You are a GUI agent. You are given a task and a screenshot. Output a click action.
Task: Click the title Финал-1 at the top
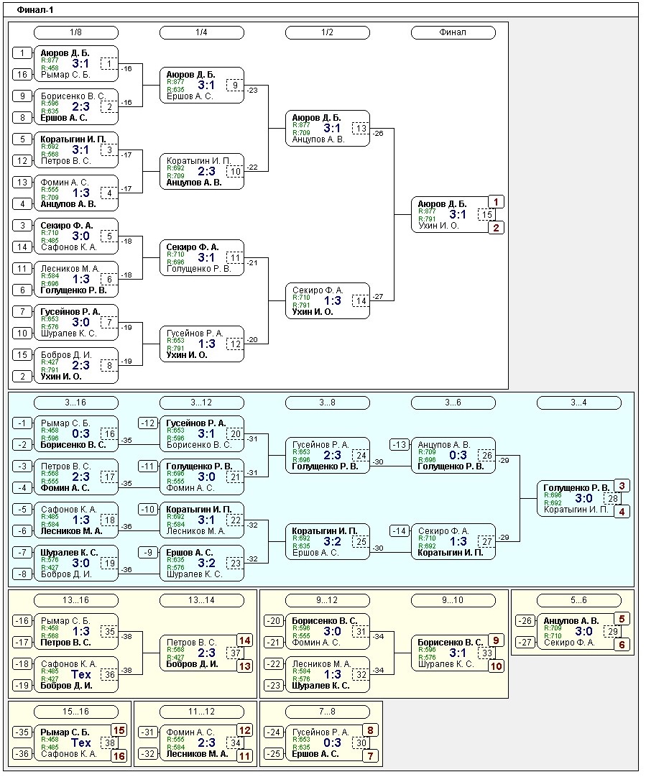pyautogui.click(x=35, y=10)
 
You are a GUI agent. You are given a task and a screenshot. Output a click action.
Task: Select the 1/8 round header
pyautogui.click(x=75, y=32)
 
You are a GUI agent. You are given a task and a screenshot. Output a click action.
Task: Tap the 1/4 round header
pyautogui.click(x=201, y=32)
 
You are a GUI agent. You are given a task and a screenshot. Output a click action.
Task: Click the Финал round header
pyautogui.click(x=453, y=32)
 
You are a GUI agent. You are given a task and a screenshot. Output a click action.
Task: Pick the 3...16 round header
pyautogui.click(x=75, y=403)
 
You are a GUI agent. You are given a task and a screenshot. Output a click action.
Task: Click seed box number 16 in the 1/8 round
pyautogui.click(x=22, y=75)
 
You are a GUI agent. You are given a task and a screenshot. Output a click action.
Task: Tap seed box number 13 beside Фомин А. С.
pyautogui.click(x=22, y=183)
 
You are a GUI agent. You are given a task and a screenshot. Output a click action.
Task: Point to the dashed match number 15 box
pyautogui.click(x=486, y=214)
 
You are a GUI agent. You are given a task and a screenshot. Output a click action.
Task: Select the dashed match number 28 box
pyautogui.click(x=612, y=498)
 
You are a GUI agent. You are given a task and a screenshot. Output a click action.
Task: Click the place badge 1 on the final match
pyautogui.click(x=497, y=202)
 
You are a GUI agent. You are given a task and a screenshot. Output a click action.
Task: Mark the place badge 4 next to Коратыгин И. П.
pyautogui.click(x=622, y=511)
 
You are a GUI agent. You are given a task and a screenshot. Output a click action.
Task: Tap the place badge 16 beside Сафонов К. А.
pyautogui.click(x=119, y=755)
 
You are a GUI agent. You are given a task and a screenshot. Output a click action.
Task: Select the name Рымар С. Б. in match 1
pyautogui.click(x=65, y=75)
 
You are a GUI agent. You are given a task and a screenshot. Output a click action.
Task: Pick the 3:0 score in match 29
pyautogui.click(x=583, y=631)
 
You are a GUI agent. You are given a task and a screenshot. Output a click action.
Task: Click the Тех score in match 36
pyautogui.click(x=81, y=674)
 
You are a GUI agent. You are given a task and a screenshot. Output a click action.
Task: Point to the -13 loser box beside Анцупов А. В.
pyautogui.click(x=400, y=445)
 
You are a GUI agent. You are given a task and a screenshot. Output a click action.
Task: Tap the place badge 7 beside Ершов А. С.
pyautogui.click(x=371, y=755)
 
